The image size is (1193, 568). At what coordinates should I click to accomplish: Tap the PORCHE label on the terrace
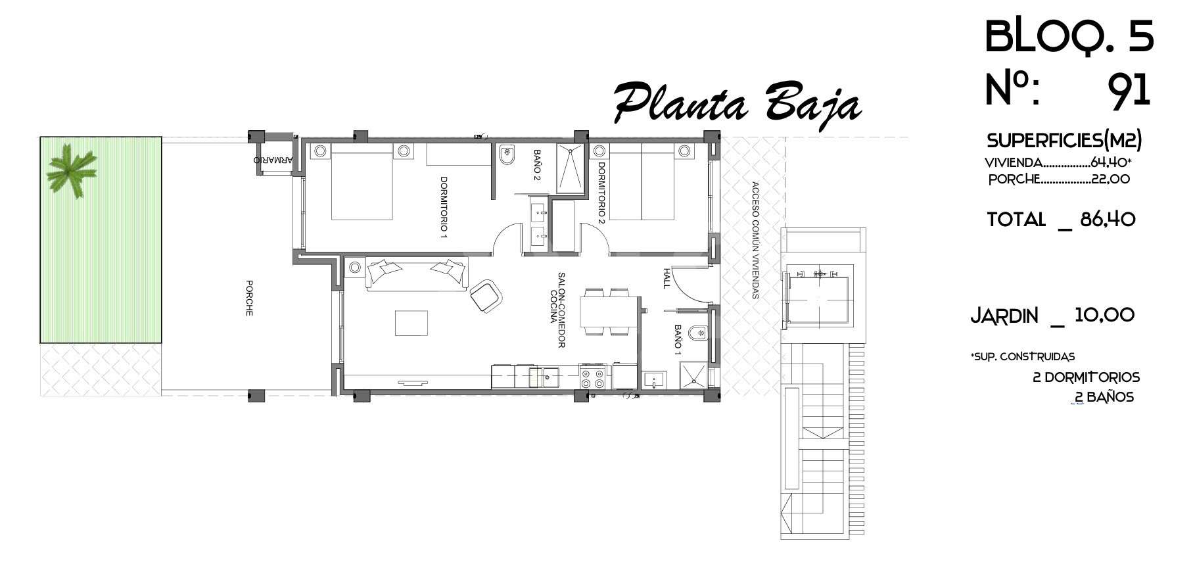point(249,298)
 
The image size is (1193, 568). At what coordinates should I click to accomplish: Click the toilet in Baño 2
point(507,156)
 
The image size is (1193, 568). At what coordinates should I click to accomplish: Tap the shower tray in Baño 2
point(571,169)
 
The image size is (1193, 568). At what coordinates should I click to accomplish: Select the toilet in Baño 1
point(698,333)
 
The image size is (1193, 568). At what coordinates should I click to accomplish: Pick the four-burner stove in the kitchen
point(593,378)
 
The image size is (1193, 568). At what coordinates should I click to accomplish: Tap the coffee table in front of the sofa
point(411,323)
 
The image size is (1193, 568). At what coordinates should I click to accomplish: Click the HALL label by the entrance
point(667,278)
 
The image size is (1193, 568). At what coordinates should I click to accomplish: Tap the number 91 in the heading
point(1129,89)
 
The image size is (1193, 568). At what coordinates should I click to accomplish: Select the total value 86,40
point(1108,219)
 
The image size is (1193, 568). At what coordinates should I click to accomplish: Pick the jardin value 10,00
point(1104,315)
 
